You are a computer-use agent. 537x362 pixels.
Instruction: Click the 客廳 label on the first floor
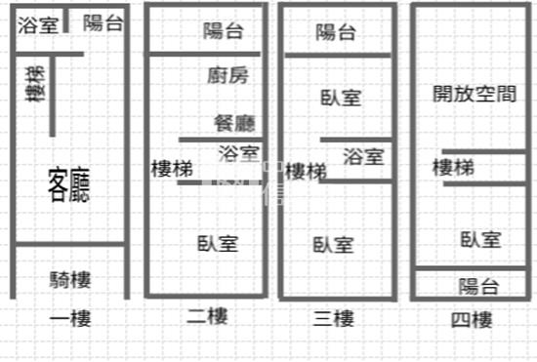click(x=68, y=184)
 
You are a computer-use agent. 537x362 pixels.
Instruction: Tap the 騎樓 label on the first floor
click(x=69, y=280)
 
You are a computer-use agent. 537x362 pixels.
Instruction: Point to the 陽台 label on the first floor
click(x=103, y=23)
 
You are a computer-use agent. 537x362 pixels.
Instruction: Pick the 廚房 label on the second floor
click(x=228, y=74)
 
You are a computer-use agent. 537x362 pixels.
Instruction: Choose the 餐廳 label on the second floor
click(x=234, y=123)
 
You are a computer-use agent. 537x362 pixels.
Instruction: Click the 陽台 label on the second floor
click(x=224, y=30)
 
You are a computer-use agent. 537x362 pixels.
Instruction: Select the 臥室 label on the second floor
click(x=217, y=244)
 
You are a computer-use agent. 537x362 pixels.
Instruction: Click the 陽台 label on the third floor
click(x=337, y=32)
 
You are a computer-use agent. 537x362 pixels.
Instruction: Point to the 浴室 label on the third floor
click(x=364, y=156)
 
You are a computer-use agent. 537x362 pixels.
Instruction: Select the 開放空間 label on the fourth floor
click(x=474, y=94)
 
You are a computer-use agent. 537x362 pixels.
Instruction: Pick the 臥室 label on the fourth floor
click(x=481, y=239)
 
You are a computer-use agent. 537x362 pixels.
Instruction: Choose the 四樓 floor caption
click(x=472, y=319)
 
